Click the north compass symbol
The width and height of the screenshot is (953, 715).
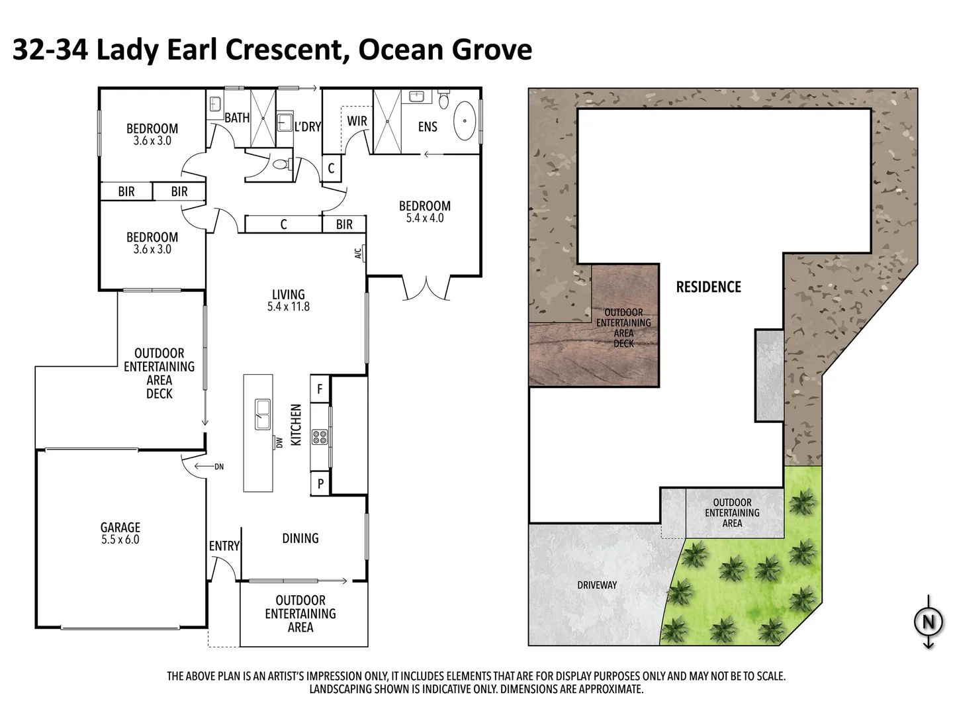[x=928, y=622]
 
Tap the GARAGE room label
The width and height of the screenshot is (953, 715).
[x=120, y=528]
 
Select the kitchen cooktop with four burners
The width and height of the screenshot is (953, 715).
[x=320, y=436]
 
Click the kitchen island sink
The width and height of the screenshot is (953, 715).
[x=262, y=413]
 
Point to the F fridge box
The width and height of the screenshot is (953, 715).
[x=320, y=389]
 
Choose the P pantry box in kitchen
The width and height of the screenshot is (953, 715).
[x=320, y=484]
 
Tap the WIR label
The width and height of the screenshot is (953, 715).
[x=357, y=121]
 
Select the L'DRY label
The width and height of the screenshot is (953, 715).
[x=307, y=126]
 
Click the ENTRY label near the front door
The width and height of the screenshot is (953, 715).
[x=224, y=546]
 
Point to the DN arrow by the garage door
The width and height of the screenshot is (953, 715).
[x=218, y=467]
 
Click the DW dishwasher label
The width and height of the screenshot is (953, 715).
[x=279, y=442]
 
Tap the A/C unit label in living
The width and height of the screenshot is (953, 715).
[x=358, y=254]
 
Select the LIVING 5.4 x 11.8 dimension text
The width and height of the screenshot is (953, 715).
[x=289, y=307]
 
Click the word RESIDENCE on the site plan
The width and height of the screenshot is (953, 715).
[x=708, y=287]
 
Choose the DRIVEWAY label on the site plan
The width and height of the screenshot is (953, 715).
[x=596, y=585]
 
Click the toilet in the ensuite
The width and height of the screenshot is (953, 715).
[x=443, y=101]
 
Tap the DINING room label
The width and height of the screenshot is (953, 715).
[x=300, y=538]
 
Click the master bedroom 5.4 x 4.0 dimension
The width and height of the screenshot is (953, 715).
[x=424, y=218]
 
